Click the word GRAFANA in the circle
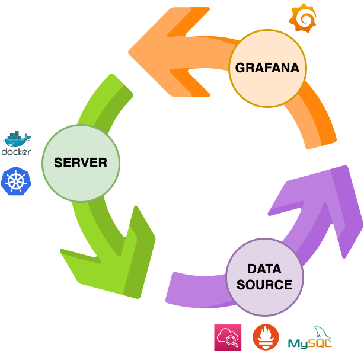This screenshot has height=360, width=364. tap(267, 68)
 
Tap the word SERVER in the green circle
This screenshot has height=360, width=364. tap(81, 163)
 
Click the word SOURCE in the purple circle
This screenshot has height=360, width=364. tap(264, 285)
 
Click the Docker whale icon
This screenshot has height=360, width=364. tap(17, 139)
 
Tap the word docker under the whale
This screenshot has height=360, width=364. tap(16, 152)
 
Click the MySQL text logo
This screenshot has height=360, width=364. tap(305, 343)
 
